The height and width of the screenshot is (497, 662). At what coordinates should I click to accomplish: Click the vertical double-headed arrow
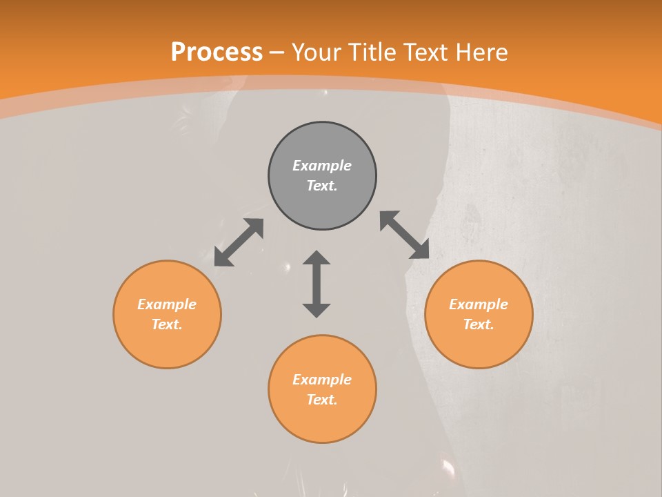pos(317,284)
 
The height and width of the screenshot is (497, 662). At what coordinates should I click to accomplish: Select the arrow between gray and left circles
pos(239,242)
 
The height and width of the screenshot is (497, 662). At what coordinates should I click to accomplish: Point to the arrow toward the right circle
pos(405,235)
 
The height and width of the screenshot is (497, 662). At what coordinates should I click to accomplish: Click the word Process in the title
pos(217,52)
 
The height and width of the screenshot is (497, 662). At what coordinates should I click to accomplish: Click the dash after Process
pos(277,52)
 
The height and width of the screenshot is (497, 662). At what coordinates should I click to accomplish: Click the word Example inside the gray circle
pos(322,166)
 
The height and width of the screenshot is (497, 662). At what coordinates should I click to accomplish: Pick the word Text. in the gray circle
pos(322,186)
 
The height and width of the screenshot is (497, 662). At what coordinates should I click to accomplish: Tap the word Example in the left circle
pos(167,304)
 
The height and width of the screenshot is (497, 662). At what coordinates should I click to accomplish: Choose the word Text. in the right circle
pos(479,324)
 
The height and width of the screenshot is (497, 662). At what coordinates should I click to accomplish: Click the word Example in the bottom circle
pos(322,380)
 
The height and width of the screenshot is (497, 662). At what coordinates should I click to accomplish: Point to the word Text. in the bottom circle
pos(322,400)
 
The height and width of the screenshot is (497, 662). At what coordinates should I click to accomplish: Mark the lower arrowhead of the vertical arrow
pos(317,310)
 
